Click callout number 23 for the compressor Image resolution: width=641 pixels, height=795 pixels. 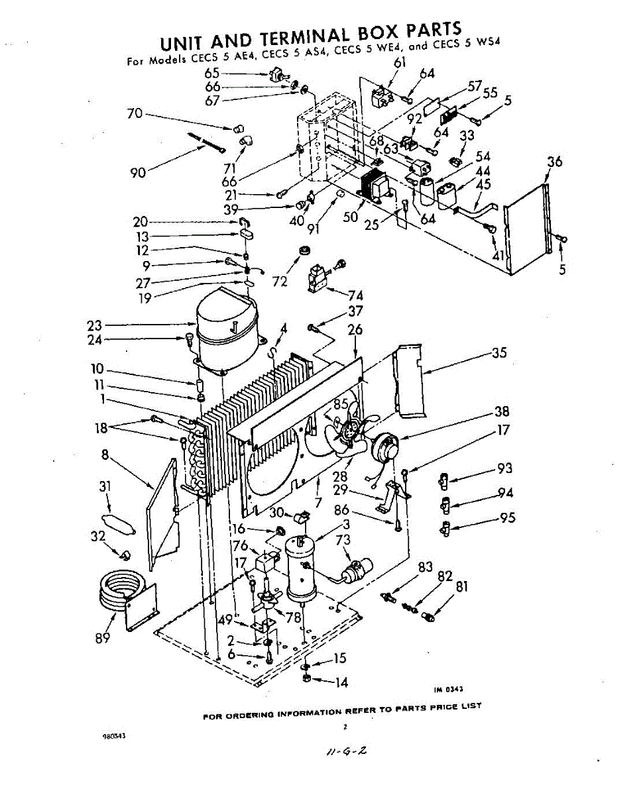[94, 325]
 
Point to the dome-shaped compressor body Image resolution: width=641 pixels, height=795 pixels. [225, 325]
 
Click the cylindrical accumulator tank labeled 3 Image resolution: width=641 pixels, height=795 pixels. [302, 566]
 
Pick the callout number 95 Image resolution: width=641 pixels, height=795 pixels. [508, 518]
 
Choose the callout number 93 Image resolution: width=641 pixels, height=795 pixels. [505, 469]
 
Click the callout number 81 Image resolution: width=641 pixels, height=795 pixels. [461, 586]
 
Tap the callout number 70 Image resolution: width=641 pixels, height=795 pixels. [135, 113]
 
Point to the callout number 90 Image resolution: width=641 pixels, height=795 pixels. [138, 173]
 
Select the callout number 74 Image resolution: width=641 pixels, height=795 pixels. [355, 296]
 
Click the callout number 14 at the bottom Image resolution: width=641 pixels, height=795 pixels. [341, 682]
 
